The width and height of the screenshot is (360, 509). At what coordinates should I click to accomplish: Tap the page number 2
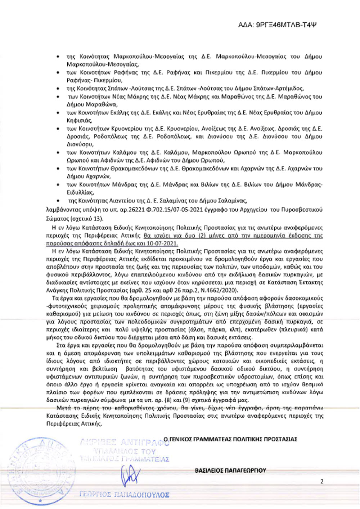pyautogui.click(x=322, y=481)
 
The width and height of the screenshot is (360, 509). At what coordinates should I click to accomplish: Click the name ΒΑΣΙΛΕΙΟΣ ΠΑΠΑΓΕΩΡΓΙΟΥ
pyautogui.click(x=230, y=470)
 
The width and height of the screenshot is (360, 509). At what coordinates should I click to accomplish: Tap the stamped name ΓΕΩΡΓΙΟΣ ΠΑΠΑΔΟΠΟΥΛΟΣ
pyautogui.click(x=124, y=495)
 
